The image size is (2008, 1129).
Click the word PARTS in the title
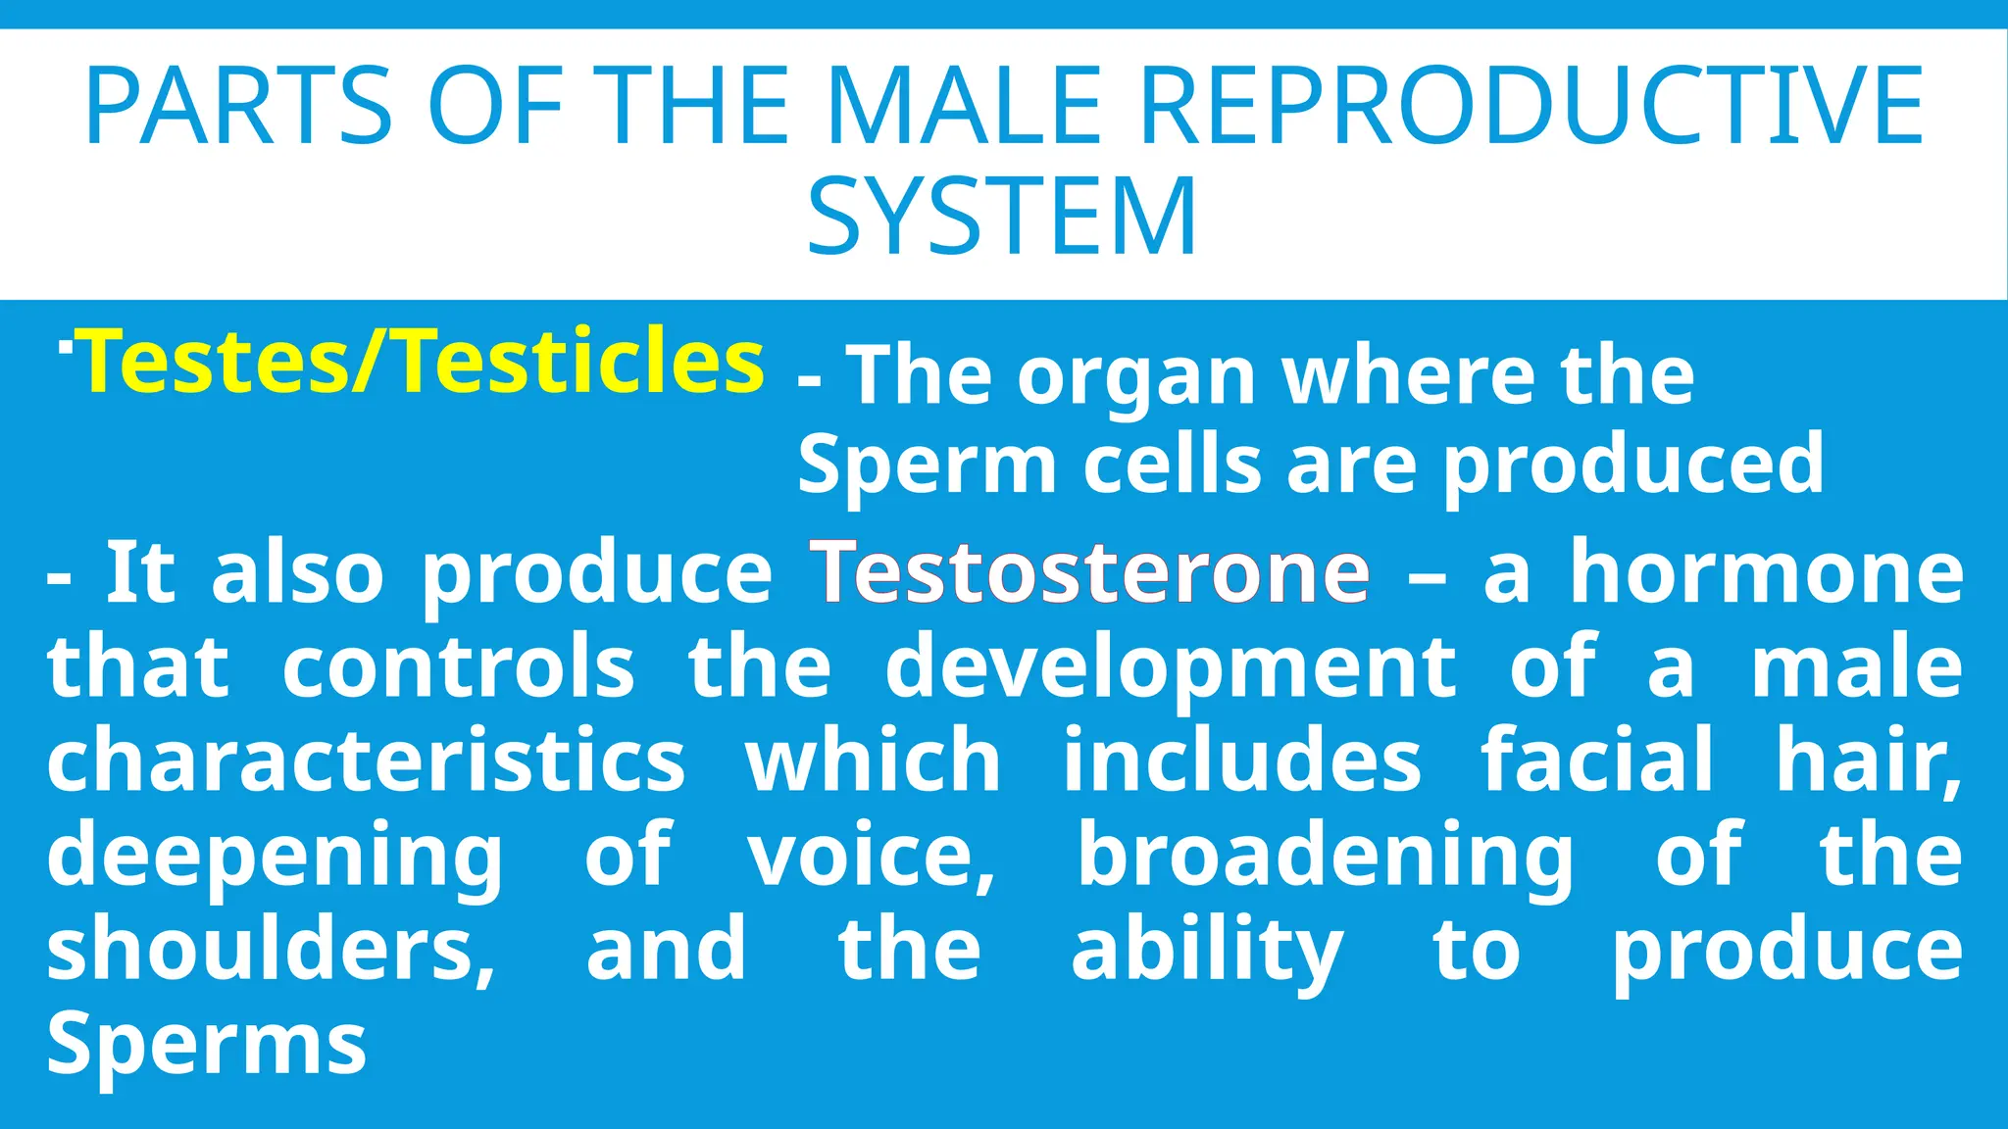pyautogui.click(x=238, y=106)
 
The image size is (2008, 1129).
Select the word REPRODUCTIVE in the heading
pyautogui.click(x=1531, y=106)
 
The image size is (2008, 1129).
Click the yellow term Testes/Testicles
pyautogui.click(x=424, y=363)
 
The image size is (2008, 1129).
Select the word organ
pyautogui.click(x=1136, y=377)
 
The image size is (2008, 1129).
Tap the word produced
pyautogui.click(x=1633, y=466)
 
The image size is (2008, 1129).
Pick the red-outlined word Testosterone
pyautogui.click(x=1089, y=572)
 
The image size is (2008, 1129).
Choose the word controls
pyautogui.click(x=459, y=666)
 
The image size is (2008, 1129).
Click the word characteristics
pyautogui.click(x=366, y=761)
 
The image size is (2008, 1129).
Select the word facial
pyautogui.click(x=1597, y=759)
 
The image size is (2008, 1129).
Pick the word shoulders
pyautogui.click(x=271, y=949)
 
